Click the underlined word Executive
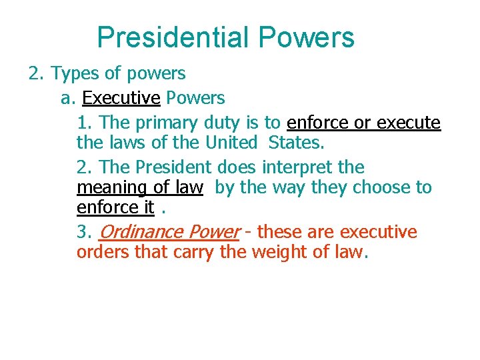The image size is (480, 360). [121, 99]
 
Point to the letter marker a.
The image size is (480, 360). [66, 99]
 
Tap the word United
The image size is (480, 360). [231, 143]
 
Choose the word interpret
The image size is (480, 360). [296, 167]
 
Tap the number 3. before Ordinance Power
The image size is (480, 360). [84, 232]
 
